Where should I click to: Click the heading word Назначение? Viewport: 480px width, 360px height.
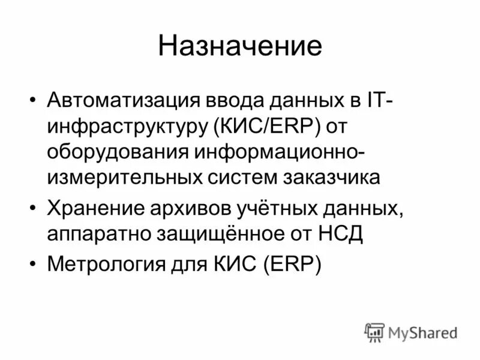tap(239, 46)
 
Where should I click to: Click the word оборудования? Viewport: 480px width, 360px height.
tap(116, 152)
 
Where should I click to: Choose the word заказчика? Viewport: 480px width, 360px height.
tap(329, 177)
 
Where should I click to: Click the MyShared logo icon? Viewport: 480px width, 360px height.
tap(374, 332)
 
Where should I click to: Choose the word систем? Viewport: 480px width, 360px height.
tap(247, 177)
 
